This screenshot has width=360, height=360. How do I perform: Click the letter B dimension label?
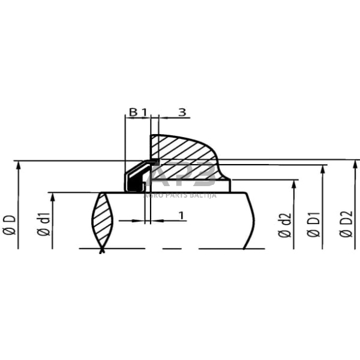point(132,112)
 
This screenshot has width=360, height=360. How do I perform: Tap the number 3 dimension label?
point(182,112)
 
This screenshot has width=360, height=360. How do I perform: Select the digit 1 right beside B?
point(144,112)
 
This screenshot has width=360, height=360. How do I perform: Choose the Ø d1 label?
point(43,225)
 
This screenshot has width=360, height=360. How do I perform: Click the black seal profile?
point(136,178)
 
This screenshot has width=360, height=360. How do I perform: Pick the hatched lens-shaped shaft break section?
point(102,220)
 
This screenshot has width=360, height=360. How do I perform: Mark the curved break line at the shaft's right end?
point(251,220)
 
